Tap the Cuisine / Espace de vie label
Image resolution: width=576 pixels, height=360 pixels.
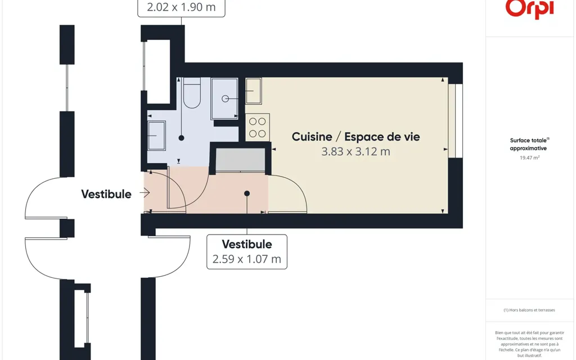coord(355,137)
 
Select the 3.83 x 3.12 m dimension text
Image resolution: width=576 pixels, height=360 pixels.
coord(355,151)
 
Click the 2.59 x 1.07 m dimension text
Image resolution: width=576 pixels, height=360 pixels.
coord(246,259)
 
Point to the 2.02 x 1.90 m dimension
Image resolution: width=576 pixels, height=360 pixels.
coord(181,7)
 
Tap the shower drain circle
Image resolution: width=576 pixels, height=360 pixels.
coord(225,98)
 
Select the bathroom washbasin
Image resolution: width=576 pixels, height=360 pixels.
coord(156,136)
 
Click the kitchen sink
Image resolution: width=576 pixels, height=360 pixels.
coord(254,91)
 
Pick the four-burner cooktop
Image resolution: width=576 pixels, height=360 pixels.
coord(258,128)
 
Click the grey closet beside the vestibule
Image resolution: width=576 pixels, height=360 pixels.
coord(240,160)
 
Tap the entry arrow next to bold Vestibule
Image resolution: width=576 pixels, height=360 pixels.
coord(145,192)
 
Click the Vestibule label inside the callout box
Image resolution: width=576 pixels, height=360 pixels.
coord(247,244)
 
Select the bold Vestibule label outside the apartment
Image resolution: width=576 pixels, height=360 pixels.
coord(106,194)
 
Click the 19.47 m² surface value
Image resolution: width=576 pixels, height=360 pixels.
coord(529,157)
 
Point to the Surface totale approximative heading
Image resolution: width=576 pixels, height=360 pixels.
coord(529,144)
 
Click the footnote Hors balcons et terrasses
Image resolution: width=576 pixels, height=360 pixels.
coord(529,310)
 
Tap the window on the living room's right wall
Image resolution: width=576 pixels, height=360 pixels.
coord(455,121)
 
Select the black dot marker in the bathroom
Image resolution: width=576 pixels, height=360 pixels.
coord(182,138)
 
